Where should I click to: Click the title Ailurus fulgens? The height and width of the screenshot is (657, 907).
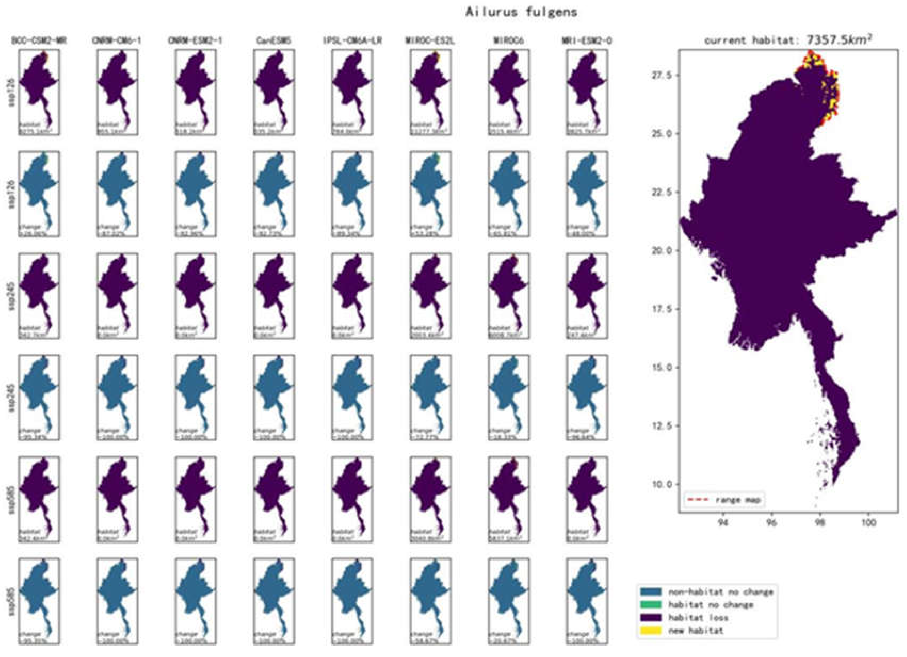pyautogui.click(x=521, y=12)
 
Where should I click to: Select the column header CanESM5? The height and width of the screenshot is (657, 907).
pyautogui.click(x=274, y=41)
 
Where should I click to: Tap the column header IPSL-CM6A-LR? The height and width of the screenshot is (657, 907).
pyautogui.click(x=352, y=41)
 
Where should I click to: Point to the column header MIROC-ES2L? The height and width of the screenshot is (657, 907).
pyautogui.click(x=430, y=41)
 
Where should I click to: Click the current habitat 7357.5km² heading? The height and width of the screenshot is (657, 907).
pyautogui.click(x=788, y=40)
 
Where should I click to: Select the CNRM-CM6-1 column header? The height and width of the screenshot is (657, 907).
pyautogui.click(x=118, y=41)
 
